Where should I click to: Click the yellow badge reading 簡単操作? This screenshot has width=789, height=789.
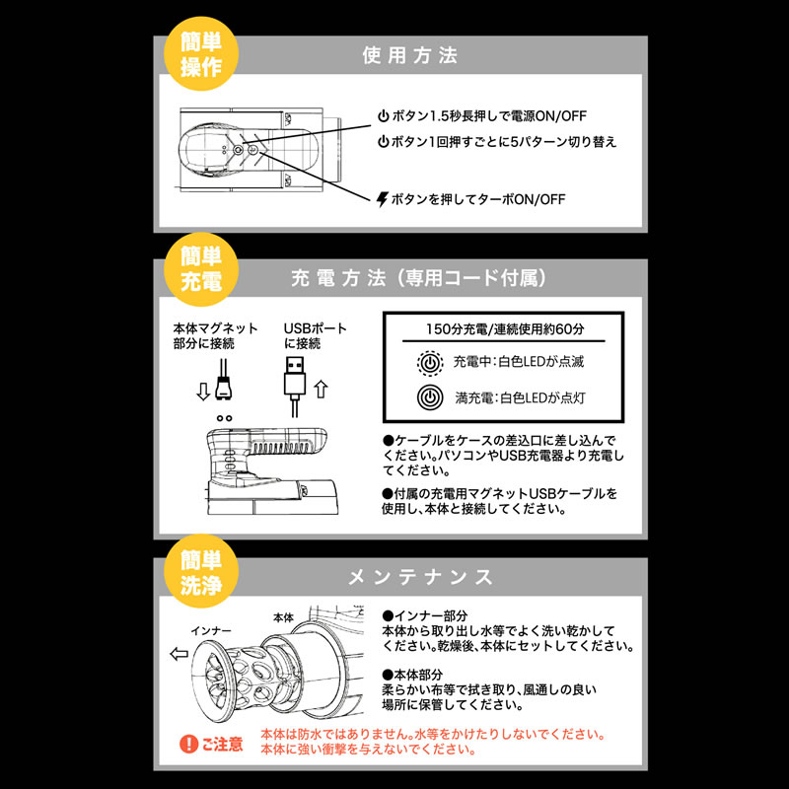(201, 54)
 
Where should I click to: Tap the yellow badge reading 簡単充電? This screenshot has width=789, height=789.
(201, 268)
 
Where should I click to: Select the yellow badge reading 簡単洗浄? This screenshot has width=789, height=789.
(201, 571)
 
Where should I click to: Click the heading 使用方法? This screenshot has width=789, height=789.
(409, 55)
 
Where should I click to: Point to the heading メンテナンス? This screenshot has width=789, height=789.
(420, 577)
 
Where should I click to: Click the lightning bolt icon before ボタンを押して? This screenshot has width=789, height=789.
(383, 199)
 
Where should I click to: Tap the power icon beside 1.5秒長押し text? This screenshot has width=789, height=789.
(384, 116)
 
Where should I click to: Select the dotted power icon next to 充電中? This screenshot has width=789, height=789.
(430, 362)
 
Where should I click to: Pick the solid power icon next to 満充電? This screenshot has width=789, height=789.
(430, 397)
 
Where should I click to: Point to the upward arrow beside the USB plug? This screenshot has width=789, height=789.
(322, 389)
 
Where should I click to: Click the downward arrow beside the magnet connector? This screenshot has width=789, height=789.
(203, 392)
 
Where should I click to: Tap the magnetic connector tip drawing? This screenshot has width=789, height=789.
(224, 388)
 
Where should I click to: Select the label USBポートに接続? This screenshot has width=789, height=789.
(316, 336)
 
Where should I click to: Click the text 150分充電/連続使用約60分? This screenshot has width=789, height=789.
(505, 329)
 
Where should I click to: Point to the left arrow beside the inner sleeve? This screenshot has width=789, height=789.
(179, 654)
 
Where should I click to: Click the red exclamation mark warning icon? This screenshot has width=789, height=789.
(188, 744)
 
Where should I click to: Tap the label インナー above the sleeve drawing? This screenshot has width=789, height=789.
(211, 631)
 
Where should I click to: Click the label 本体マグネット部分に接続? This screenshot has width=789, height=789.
(215, 336)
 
